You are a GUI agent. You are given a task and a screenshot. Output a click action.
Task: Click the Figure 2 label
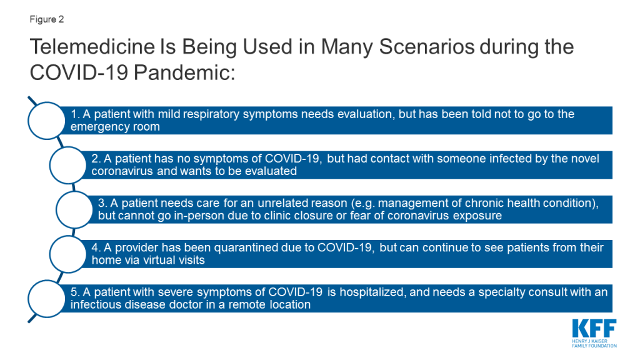[46, 19]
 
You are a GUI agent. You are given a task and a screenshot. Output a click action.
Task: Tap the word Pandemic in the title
[184, 72]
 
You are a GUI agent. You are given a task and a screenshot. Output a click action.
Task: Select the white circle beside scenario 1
[46, 121]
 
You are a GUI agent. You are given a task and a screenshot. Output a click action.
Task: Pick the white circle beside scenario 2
[67, 165]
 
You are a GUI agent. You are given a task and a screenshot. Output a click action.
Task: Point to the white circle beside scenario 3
[74, 209]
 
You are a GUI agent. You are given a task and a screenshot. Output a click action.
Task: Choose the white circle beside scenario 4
[67, 254]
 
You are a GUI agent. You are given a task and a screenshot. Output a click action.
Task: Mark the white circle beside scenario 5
[46, 299]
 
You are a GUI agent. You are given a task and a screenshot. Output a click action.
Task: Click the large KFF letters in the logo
[594, 329]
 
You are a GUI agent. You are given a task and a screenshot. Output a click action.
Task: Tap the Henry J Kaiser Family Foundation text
[594, 344]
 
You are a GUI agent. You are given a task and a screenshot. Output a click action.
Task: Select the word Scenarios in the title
[426, 46]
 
